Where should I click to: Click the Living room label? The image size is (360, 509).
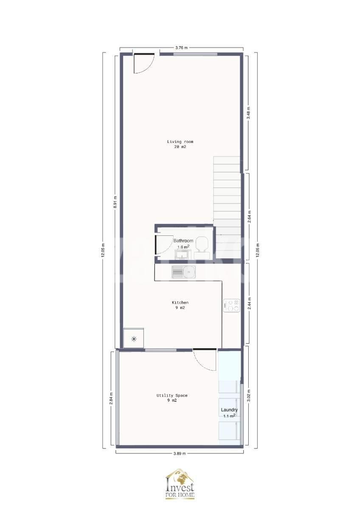[180, 142]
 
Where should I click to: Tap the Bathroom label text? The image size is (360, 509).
[183, 241]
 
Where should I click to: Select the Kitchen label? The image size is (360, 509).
[180, 303]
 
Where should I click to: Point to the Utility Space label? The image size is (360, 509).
[172, 396]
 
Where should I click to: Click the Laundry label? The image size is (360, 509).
[229, 410]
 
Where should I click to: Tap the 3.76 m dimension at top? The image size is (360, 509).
[182, 48]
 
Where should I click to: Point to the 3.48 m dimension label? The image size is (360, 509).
[249, 113]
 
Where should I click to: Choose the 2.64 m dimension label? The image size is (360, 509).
[250, 217]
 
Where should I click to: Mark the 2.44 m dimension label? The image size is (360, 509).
[250, 303]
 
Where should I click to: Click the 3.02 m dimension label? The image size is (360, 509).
[249, 396]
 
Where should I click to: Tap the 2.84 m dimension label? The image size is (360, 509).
[111, 399]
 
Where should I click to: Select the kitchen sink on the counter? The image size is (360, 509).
[183, 272]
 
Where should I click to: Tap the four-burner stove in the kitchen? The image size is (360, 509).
[231, 305]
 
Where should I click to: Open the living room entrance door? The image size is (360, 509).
[144, 63]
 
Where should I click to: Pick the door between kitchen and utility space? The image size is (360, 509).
[205, 359]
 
